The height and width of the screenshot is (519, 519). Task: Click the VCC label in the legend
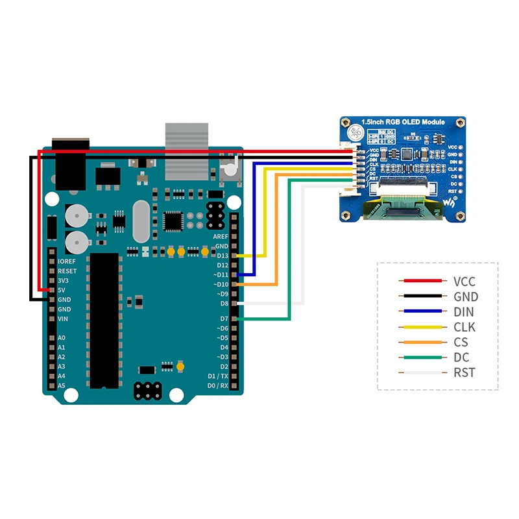(465, 282)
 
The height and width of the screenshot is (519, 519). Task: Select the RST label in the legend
(465, 372)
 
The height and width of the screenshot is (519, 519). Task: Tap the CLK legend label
(465, 327)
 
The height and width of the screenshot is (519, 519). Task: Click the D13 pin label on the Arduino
(223, 256)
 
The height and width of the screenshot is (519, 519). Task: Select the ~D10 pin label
(221, 284)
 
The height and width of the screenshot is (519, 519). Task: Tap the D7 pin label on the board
(224, 319)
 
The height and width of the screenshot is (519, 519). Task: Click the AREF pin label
(221, 237)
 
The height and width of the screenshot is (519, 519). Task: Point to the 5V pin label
(61, 289)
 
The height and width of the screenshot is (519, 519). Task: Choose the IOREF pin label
(67, 261)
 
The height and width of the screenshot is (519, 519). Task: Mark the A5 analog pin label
(61, 385)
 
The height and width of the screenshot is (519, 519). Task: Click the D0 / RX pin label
(217, 385)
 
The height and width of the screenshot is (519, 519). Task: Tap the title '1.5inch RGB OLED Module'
(404, 122)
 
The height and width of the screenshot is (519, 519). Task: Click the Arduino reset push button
(230, 170)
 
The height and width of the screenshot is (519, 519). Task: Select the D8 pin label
(224, 303)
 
